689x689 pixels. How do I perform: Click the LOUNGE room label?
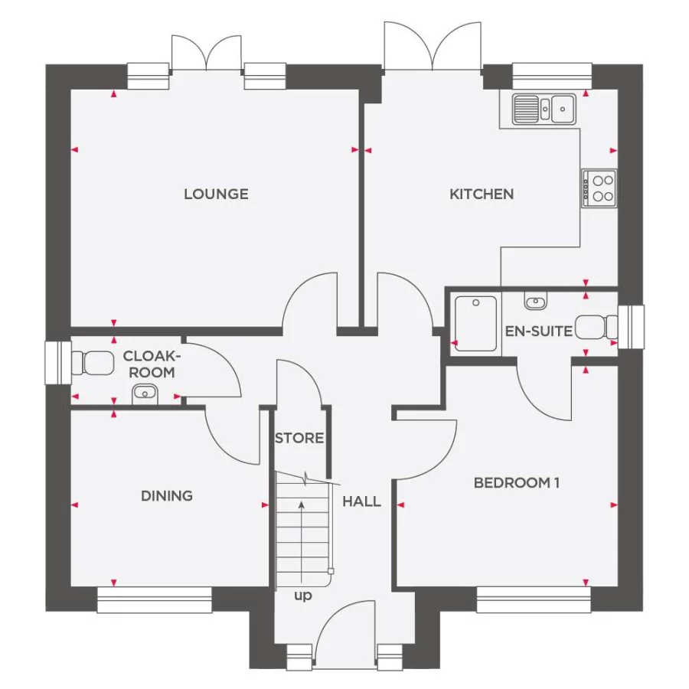coord(216,194)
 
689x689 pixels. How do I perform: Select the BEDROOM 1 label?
coord(517,483)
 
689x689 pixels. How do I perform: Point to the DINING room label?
coord(167,496)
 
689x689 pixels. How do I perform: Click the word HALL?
coord(361,502)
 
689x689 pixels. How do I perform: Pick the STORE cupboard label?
coord(299,439)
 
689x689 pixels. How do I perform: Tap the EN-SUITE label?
coord(539,331)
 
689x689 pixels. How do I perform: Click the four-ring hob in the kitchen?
coord(599,188)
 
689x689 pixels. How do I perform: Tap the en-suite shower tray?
coord(476,323)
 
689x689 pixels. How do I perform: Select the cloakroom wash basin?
coord(144,394)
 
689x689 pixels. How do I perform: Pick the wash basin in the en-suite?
coord(536,302)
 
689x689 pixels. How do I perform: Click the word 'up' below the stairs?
coord(303,596)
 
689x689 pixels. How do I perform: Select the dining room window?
coord(155,599)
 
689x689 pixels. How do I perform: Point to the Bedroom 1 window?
coord(534,599)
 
